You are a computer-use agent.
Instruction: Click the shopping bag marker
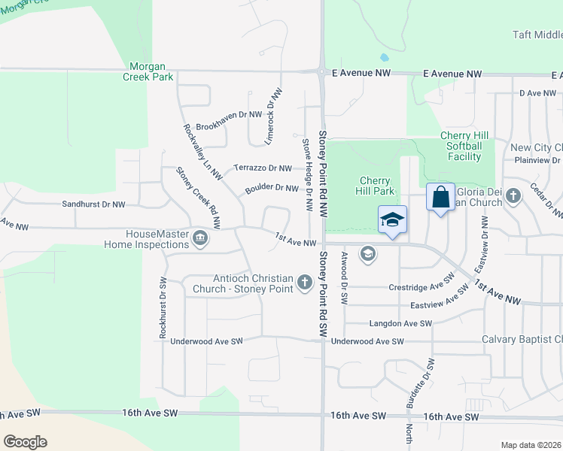(441, 198)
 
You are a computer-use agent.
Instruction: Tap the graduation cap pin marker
(392, 219)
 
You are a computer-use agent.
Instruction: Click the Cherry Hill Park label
(374, 186)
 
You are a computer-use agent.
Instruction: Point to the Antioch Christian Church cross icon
(304, 283)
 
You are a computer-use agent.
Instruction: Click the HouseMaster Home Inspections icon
(199, 239)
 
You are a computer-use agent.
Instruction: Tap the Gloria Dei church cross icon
(513, 197)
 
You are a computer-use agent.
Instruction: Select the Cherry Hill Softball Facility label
(464, 146)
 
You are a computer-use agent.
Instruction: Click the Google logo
(24, 442)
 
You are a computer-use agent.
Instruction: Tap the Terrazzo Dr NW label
(262, 168)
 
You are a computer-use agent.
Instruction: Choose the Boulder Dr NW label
(272, 188)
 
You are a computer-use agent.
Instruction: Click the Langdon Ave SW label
(400, 323)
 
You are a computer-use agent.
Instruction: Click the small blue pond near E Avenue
(385, 57)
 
